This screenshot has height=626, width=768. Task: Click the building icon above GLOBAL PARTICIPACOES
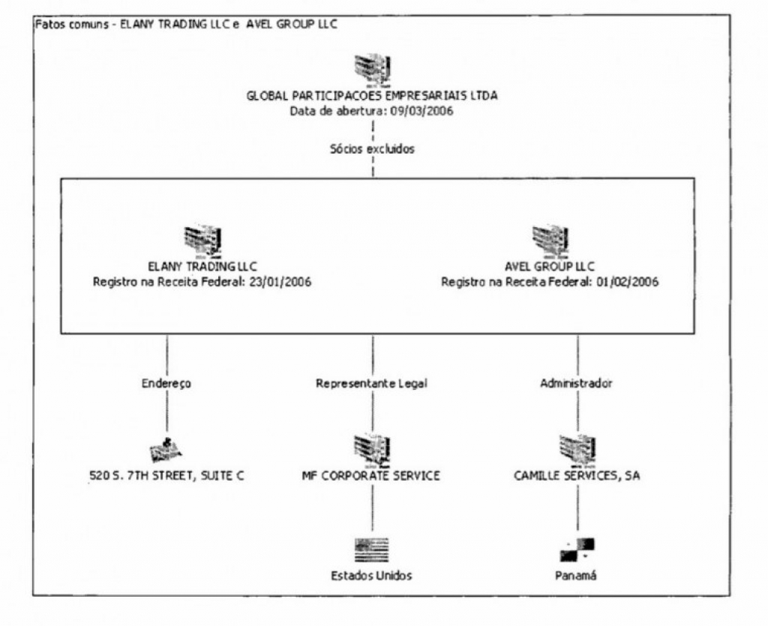(372, 69)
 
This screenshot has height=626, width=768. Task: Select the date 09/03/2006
(421, 111)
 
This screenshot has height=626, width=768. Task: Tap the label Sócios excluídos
(372, 148)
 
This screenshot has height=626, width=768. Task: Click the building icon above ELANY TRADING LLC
(202, 241)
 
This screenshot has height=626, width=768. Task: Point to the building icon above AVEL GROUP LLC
(550, 241)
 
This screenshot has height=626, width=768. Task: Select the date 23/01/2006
(279, 283)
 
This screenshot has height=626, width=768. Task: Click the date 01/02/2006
(626, 283)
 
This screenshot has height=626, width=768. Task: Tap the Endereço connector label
(166, 383)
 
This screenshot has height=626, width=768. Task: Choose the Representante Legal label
(372, 383)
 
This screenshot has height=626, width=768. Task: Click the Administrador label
(577, 383)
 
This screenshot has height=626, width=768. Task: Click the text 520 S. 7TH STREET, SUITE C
(166, 476)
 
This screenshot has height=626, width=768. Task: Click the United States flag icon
(372, 550)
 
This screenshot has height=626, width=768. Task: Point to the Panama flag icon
(577, 550)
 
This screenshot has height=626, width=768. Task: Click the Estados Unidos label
(372, 576)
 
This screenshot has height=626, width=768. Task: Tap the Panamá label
(576, 576)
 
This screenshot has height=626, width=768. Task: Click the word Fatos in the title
(47, 25)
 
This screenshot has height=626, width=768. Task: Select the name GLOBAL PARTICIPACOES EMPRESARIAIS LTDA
(372, 95)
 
